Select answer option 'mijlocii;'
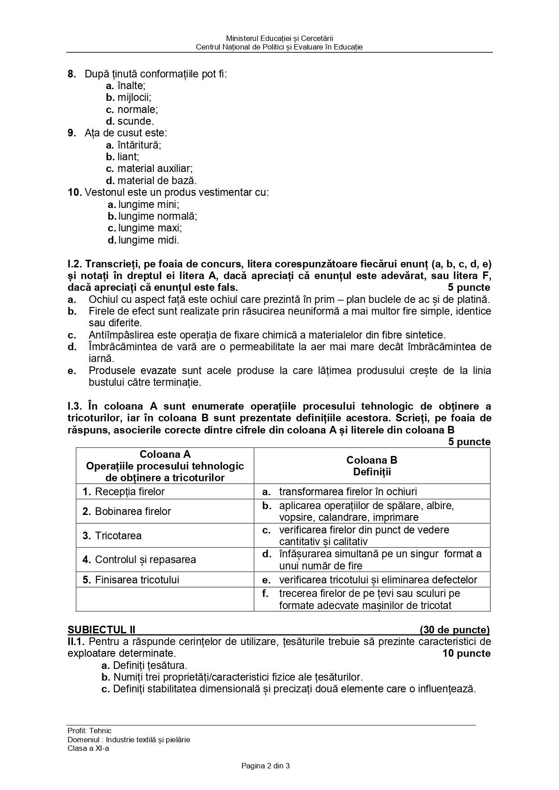pos(134,97)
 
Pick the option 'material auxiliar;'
pos(155,168)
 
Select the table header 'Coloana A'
pos(165,454)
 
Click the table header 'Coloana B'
pos(372,460)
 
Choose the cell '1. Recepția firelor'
pos(123,492)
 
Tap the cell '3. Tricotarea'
pos(112,536)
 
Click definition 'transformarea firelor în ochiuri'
pos(348,492)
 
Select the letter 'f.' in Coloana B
pos(266,593)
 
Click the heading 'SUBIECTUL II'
pos(101,630)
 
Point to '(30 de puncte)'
pos(454,630)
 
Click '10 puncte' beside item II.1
pos(467,653)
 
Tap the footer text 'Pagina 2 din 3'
pos(265,765)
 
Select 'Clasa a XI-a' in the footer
pos(88,749)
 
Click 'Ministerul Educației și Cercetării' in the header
pos(279,39)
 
